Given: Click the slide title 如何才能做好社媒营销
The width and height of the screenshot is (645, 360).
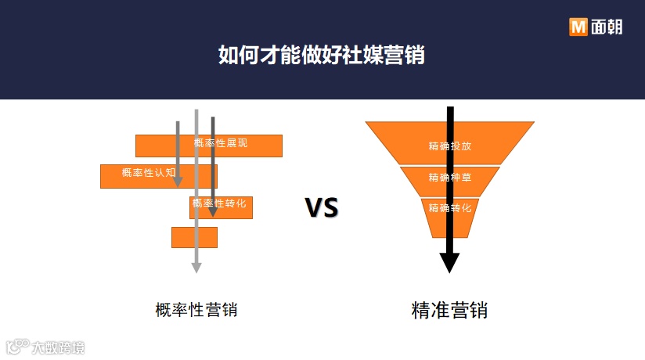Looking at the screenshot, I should click(322, 56).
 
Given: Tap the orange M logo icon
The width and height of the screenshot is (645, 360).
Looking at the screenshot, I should click(578, 27).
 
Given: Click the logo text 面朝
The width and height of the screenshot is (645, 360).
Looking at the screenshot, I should click(606, 27).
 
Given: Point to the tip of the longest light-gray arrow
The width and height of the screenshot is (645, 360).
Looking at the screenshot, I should click(196, 269).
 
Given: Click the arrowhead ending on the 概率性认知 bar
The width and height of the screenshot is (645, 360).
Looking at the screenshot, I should click(178, 182).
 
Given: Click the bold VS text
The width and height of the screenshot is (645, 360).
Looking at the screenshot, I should click(321, 208).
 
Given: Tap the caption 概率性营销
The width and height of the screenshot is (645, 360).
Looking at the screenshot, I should click(196, 310).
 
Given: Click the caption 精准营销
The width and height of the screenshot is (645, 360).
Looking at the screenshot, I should click(449, 310).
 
